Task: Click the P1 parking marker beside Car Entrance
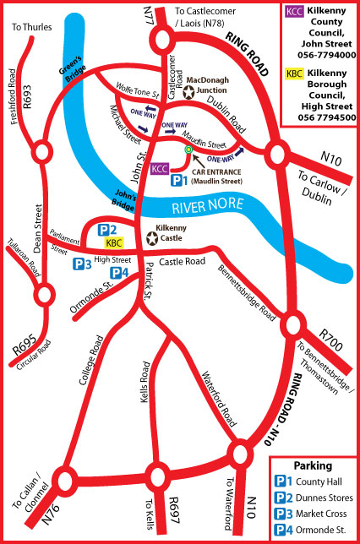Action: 176,180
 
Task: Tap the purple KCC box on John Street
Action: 159,168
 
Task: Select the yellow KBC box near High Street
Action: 113,243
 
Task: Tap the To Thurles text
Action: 32,27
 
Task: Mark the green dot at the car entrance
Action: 187,150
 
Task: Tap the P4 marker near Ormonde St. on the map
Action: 119,272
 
